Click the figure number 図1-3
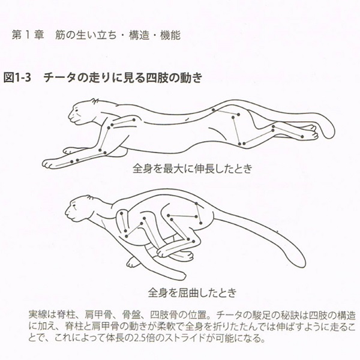pyautogui.click(x=17, y=77)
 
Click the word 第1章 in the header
pyautogui.click(x=28, y=35)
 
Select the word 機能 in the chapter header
pyautogui.click(x=170, y=35)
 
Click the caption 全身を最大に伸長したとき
pyautogui.click(x=193, y=169)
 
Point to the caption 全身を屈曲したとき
pyautogui.click(x=192, y=292)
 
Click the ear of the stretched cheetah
pyautogui.click(x=94, y=101)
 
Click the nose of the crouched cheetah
pyautogui.click(x=67, y=212)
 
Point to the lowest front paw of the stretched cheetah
pyautogui.click(x=47, y=163)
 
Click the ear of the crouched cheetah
pyautogui.click(x=89, y=197)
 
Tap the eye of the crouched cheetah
pyautogui.click(x=73, y=205)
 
